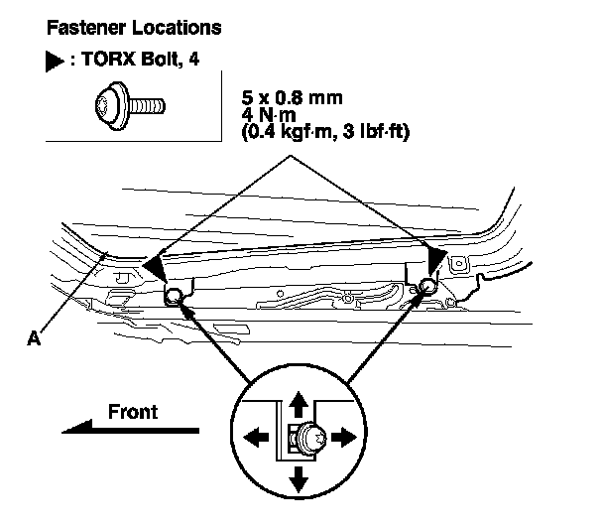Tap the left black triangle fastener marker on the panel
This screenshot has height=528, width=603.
point(155,265)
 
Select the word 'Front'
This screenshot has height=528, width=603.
point(132,410)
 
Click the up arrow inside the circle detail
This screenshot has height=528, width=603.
point(297,403)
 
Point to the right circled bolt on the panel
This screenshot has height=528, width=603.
point(426,288)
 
